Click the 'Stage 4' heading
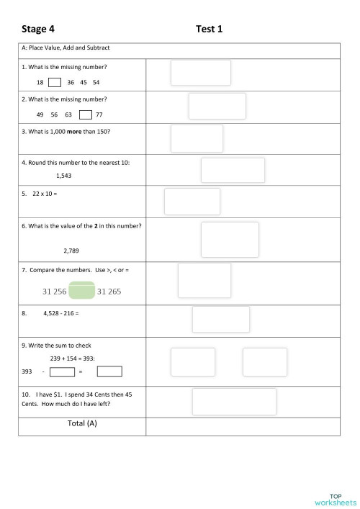38,29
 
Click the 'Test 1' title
209,29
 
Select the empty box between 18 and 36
54,82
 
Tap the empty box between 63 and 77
86,114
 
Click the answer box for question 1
201,73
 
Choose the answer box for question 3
197,138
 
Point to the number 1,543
63,176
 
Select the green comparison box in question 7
81,290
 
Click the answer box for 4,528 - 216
220,319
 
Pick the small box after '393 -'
63,371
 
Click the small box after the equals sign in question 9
109,371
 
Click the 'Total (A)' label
82,424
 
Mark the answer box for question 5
192,202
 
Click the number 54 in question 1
96,83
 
